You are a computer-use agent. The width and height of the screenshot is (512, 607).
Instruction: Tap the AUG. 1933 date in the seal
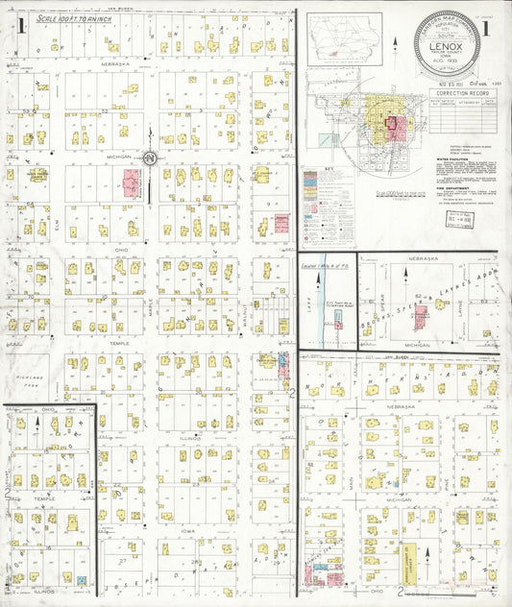pyautogui.click(x=446, y=60)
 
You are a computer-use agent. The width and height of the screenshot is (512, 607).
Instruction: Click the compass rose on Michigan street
pyautogui.click(x=150, y=157)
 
